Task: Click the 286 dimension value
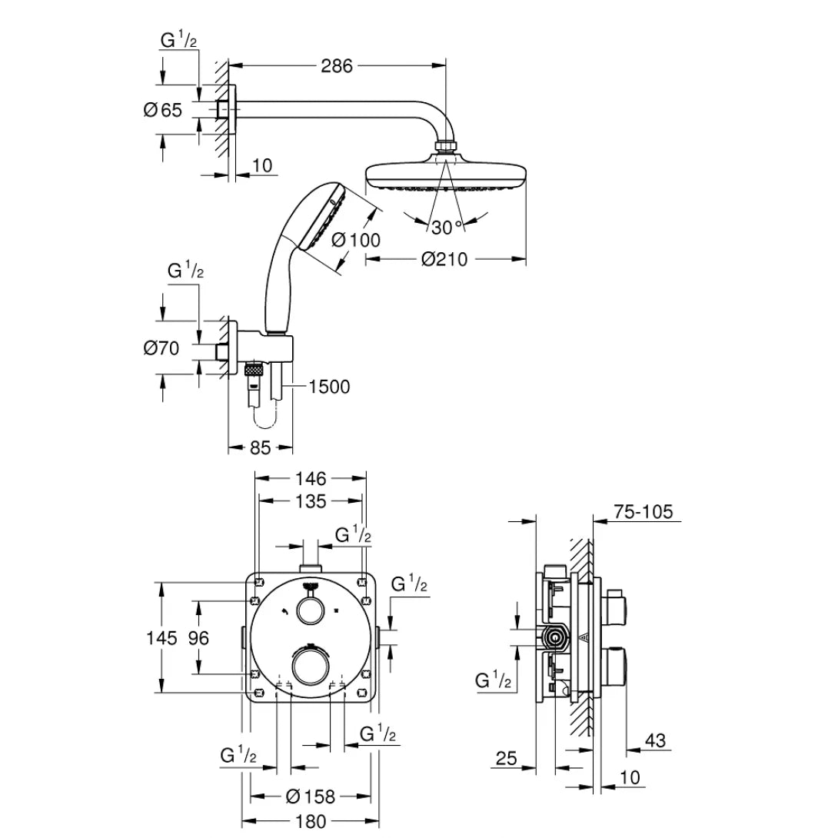click(337, 66)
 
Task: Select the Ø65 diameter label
click(163, 110)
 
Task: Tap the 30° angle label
click(447, 227)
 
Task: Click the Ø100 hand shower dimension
click(356, 240)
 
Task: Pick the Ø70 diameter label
click(161, 349)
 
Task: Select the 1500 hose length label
click(328, 387)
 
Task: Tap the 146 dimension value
click(311, 478)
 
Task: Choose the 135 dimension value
click(311, 501)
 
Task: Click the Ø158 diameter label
click(311, 796)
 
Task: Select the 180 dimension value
click(311, 821)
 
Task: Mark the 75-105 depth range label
click(643, 512)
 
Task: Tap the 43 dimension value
click(654, 740)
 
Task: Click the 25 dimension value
click(506, 759)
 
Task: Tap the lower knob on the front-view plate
click(310, 665)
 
